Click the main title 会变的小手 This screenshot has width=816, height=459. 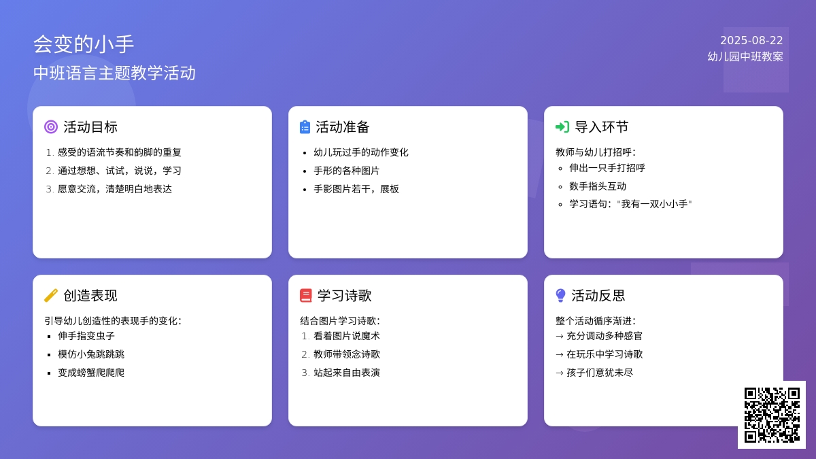[84, 44]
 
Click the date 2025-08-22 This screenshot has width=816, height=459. [751, 40]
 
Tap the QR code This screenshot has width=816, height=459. [772, 415]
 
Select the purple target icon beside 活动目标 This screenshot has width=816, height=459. [51, 127]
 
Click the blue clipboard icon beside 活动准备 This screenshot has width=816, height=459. [305, 127]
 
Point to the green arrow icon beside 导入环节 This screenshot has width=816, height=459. [562, 127]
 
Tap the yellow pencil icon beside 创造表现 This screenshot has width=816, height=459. [51, 295]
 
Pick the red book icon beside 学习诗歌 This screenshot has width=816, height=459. [305, 295]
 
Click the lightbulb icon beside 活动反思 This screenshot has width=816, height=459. [560, 295]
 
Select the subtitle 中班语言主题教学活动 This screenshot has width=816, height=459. [114, 73]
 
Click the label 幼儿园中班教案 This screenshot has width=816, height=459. [745, 56]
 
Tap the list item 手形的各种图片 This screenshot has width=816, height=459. [346, 171]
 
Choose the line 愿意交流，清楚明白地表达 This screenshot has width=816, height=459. [115, 189]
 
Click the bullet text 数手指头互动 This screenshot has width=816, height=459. [598, 186]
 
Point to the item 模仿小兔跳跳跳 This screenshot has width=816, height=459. [91, 354]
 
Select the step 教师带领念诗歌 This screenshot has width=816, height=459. [347, 354]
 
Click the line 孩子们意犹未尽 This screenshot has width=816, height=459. [600, 373]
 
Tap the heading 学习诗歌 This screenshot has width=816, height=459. [344, 295]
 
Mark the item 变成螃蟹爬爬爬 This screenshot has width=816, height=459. [91, 373]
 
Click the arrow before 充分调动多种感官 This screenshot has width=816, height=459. [560, 336]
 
